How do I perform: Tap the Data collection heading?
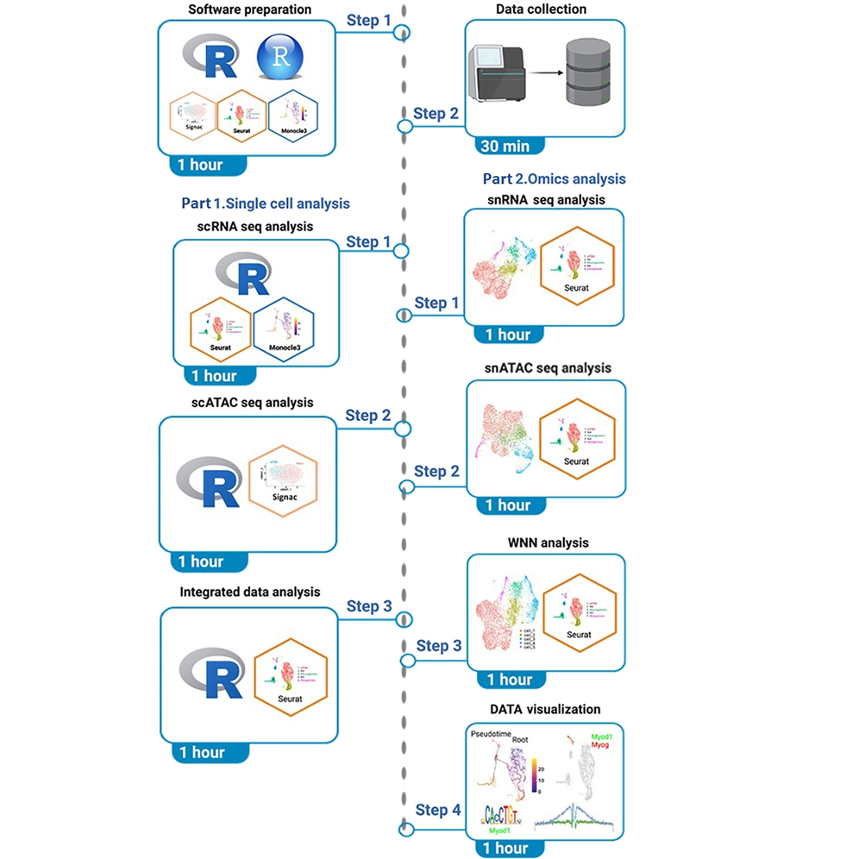[542, 9]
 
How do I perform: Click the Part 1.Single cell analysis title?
[266, 204]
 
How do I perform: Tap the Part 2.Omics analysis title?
[555, 179]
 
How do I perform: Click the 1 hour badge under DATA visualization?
[505, 848]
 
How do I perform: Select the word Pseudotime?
[494, 735]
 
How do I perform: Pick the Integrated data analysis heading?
[249, 593]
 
